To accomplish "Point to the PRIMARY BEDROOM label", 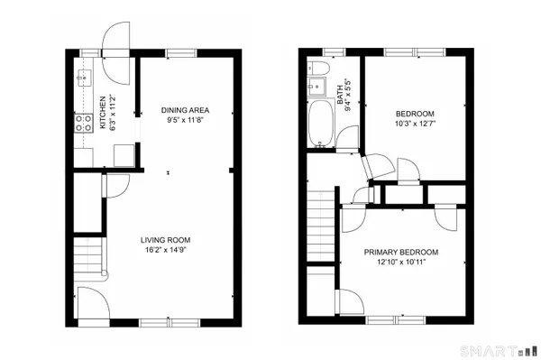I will coord(401,252).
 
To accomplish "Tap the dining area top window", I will coord(179,53).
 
